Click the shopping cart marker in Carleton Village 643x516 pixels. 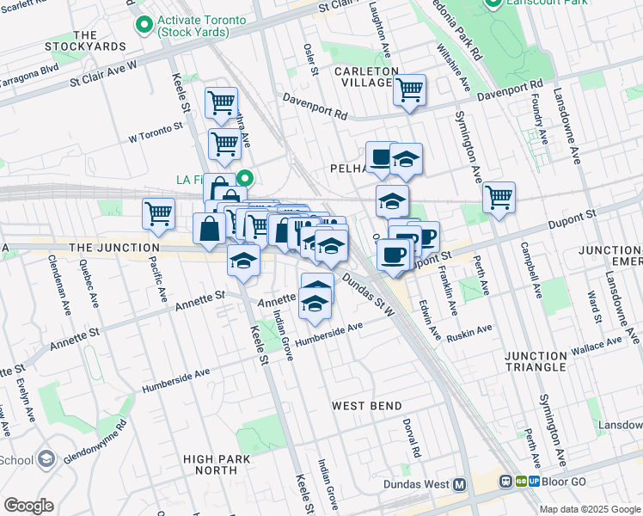409,89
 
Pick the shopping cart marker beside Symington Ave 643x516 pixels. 498,197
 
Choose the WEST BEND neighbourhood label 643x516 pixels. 367,406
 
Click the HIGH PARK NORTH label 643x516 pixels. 211,464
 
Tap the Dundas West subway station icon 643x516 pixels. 460,485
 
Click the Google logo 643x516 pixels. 28,505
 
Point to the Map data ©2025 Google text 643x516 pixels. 591,509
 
